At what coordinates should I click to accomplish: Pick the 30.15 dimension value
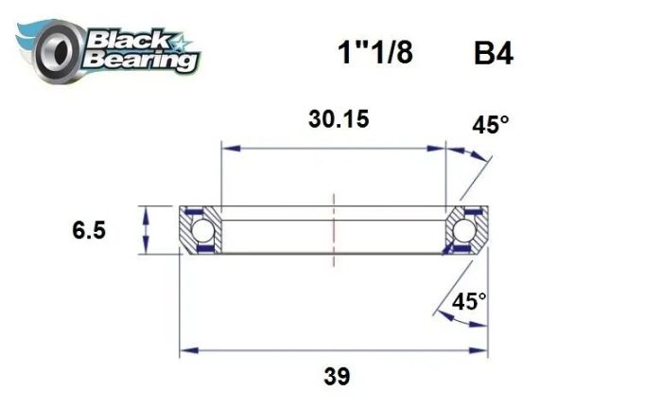338,120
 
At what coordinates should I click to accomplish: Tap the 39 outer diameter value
335,376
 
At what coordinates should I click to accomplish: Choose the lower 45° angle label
469,302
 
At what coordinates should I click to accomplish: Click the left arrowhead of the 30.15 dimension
227,148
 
